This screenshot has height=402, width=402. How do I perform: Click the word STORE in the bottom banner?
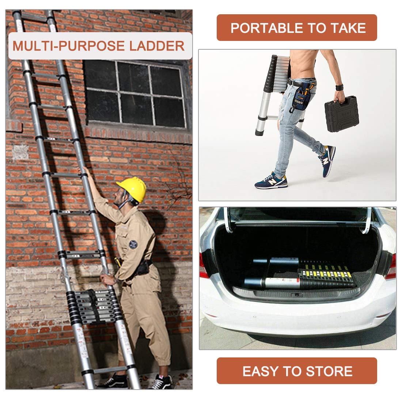tap(329, 371)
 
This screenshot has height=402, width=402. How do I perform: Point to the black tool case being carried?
tap(341, 114)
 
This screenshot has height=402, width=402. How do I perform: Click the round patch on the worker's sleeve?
tap(133, 244)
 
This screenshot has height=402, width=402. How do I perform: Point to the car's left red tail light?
tap(204, 265)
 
